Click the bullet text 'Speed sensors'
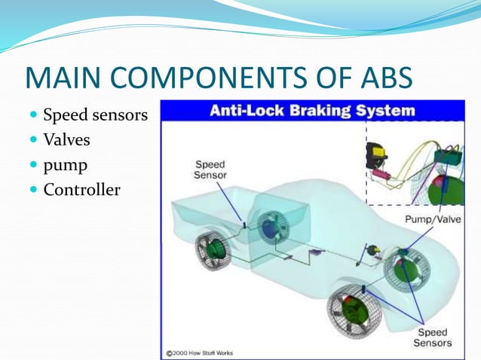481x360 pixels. point(95,116)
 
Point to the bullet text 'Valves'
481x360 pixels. point(67,140)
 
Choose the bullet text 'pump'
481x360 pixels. point(65,165)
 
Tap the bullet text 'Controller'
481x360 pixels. point(81,189)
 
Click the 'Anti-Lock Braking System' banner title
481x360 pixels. point(311,111)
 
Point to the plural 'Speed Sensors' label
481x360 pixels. point(433,337)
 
